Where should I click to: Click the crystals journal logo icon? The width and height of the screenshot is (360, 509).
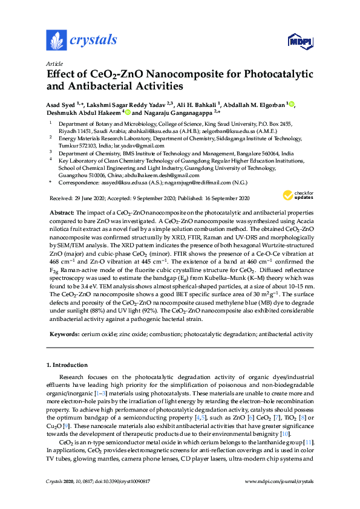56,41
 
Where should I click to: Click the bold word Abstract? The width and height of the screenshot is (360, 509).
61,214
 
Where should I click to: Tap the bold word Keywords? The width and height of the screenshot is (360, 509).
62,334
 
